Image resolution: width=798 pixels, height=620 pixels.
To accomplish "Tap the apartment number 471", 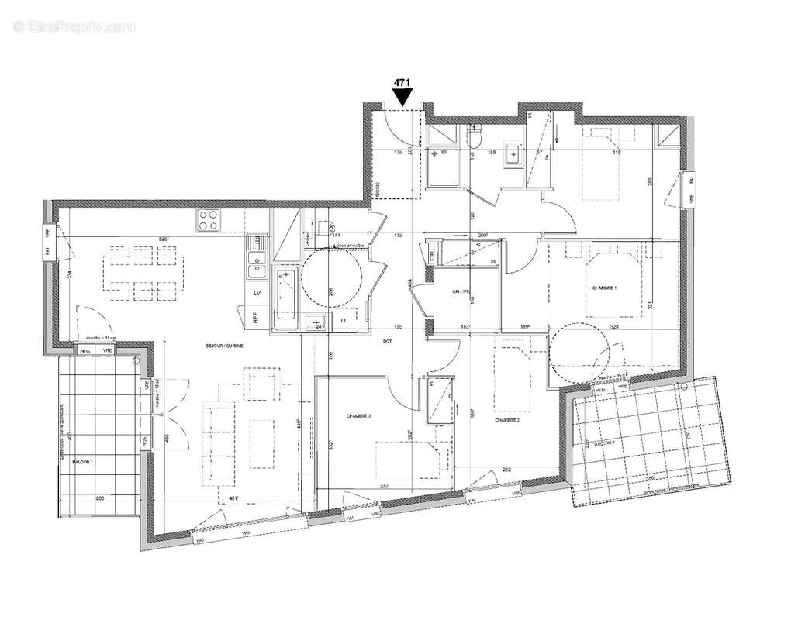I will (402, 81).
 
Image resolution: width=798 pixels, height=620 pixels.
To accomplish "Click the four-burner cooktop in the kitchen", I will (209, 221).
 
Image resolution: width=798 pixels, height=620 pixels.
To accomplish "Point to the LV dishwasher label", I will (256, 293).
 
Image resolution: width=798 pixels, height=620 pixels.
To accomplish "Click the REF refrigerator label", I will (255, 318).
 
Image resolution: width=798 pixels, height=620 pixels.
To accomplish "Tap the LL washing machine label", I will (344, 319).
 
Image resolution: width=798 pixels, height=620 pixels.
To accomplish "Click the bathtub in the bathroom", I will (285, 296).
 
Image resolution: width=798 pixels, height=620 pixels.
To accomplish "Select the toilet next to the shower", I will (475, 136).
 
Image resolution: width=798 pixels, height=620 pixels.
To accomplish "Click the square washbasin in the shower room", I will (511, 155).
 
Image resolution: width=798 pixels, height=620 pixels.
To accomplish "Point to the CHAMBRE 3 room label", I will (358, 416).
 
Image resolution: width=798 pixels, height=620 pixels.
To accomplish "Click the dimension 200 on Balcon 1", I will (99, 499).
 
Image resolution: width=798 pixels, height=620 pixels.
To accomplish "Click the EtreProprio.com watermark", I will (74, 26).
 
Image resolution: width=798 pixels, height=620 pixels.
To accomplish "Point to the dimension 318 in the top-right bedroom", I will (616, 153).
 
